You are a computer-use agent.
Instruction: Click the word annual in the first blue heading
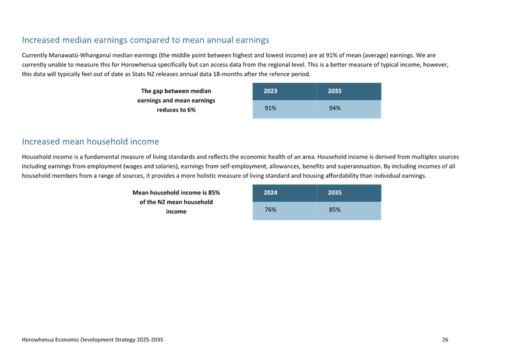point(220,40)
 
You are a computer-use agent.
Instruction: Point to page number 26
point(445,340)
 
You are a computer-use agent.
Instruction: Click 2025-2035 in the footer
point(150,340)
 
